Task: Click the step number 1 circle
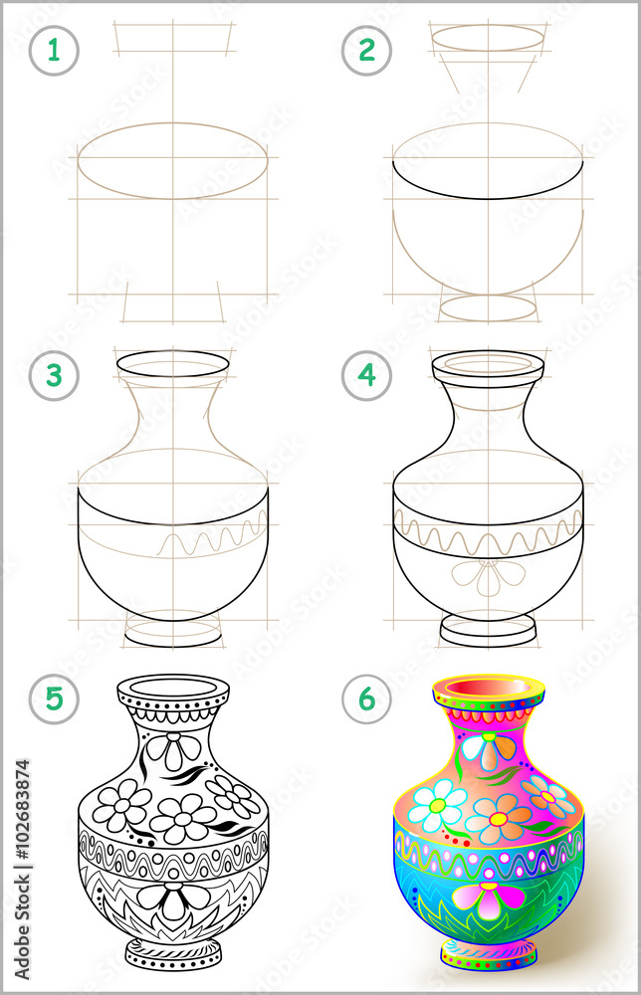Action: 54,51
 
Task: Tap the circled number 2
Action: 367,51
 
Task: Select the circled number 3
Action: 54,376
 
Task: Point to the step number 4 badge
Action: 367,376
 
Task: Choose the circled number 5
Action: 54,698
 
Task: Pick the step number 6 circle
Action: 367,698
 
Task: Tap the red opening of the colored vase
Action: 488,688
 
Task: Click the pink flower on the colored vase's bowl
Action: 488,895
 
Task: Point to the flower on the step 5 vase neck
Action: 173,747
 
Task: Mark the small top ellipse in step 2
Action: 488,38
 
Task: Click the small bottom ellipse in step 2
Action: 488,307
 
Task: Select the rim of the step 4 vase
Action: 488,364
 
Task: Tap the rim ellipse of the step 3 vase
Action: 173,364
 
